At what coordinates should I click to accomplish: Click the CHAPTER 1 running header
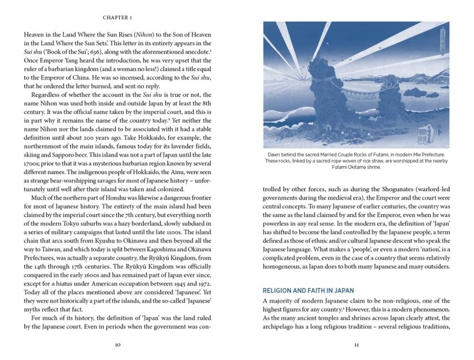(118, 18)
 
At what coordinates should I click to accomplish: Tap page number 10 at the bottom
(118, 345)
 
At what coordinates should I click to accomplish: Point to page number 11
(356, 345)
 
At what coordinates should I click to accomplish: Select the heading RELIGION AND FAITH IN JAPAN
(309, 290)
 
